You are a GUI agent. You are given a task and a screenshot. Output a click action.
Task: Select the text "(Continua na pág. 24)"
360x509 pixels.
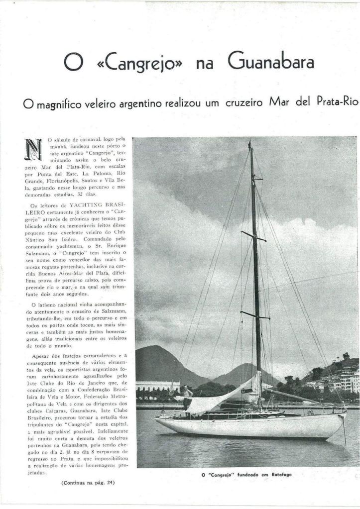[x=88, y=482]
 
